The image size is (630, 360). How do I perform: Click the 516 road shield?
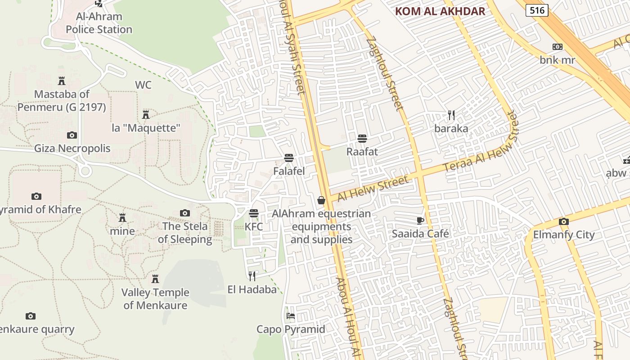[x=537, y=10]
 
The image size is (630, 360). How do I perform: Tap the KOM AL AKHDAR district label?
[x=440, y=12]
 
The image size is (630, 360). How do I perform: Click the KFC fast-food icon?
[x=254, y=213]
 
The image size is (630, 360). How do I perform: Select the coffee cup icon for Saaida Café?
[x=420, y=220]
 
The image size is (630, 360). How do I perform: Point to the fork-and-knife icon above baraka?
[x=451, y=115]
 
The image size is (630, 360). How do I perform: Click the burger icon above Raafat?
[x=362, y=138]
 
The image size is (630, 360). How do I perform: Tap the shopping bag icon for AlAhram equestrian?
[x=321, y=200]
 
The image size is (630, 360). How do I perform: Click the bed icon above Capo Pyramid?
[x=291, y=316]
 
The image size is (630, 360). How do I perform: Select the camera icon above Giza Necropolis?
[x=72, y=135]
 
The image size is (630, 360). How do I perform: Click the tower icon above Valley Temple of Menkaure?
[x=155, y=279]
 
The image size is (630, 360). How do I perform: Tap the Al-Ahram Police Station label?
[x=99, y=23]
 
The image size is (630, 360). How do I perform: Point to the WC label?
[x=143, y=85]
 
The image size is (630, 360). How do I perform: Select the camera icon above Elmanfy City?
[x=563, y=221]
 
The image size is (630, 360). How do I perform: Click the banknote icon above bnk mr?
[x=557, y=47]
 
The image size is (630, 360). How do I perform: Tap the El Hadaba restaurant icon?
[x=252, y=276]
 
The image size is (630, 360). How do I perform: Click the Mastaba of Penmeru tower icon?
[x=62, y=81]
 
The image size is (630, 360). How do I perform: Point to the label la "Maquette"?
[x=146, y=128]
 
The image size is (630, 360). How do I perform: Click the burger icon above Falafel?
[x=289, y=158]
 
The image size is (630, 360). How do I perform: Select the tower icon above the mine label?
[x=122, y=218]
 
